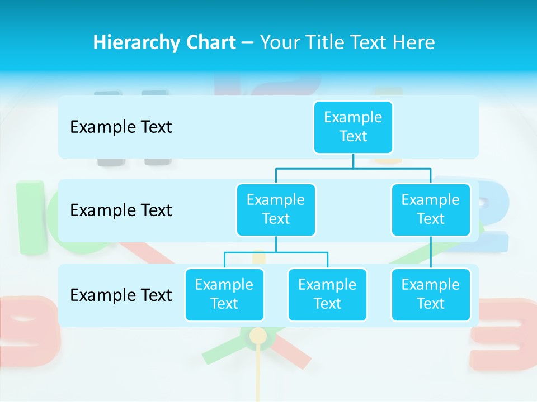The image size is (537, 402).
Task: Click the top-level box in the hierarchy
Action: [x=353, y=127]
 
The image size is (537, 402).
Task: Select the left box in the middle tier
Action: [x=276, y=209]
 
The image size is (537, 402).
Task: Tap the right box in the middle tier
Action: [x=431, y=209]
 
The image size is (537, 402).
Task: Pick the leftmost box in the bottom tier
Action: [x=224, y=294]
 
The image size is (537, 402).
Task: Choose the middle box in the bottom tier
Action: [x=327, y=294]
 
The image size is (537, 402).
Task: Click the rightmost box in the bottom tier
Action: [x=431, y=294]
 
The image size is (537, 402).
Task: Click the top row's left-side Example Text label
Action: [x=121, y=127]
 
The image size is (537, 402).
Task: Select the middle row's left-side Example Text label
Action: [x=121, y=210]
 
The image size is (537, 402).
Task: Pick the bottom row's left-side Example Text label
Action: [x=121, y=295]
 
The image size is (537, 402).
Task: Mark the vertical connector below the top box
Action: [x=353, y=161]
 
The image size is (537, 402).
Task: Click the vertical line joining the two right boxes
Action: [x=431, y=252]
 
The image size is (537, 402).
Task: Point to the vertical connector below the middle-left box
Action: [x=276, y=244]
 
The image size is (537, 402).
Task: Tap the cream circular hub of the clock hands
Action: [x=258, y=336]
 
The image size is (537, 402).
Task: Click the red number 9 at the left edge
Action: [x=25, y=329]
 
